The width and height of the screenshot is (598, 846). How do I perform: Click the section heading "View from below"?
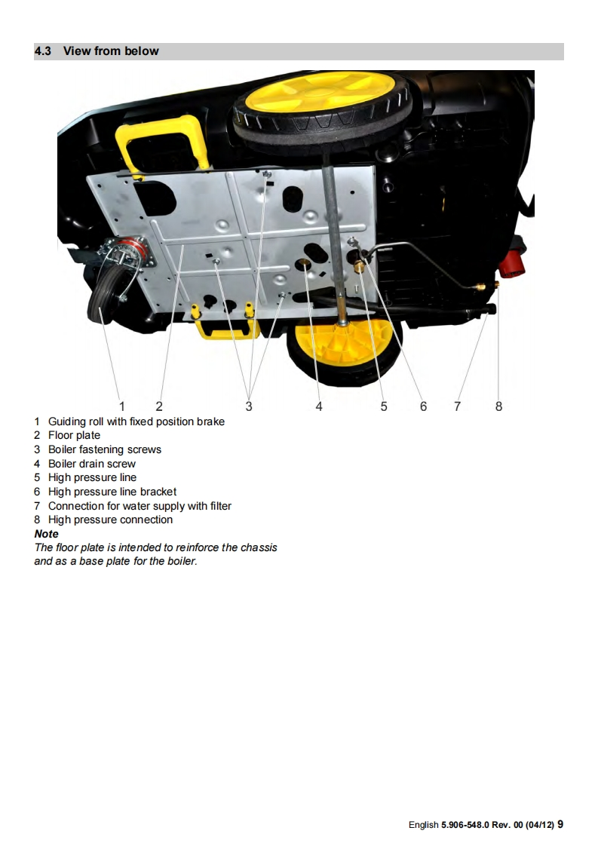111,51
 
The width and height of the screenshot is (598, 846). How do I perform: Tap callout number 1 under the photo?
122,406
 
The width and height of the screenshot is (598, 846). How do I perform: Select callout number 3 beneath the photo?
249,406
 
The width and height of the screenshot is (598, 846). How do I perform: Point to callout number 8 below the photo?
498,406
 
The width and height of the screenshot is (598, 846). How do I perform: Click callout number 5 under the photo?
384,406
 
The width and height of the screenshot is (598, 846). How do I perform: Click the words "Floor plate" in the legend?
74,435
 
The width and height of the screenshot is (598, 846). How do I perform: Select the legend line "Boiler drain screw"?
92,464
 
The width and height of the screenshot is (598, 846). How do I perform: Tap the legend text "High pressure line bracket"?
112,492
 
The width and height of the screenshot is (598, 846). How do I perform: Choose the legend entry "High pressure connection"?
111,520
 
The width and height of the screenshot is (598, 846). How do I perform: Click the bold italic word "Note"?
47,534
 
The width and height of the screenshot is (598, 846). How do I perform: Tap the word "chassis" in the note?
259,547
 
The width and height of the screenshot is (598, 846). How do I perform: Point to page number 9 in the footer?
560,824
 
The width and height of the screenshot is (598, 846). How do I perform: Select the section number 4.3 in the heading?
43,51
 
